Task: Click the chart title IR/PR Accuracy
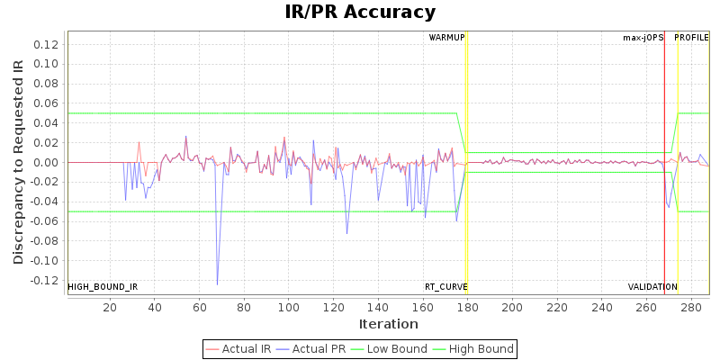coord(360,13)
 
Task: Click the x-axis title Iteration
coord(388,324)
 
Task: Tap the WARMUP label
coord(446,38)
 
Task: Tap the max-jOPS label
coord(643,38)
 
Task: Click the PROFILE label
coord(691,38)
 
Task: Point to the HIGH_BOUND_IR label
coord(103,287)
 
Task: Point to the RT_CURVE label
coord(445,287)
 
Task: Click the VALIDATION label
coord(652,287)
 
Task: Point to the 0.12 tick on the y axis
coord(45,45)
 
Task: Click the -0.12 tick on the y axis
coord(43,281)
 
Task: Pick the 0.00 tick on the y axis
coord(45,163)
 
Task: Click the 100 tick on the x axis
coord(288,307)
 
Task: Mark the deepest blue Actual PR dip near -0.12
coord(217,284)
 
